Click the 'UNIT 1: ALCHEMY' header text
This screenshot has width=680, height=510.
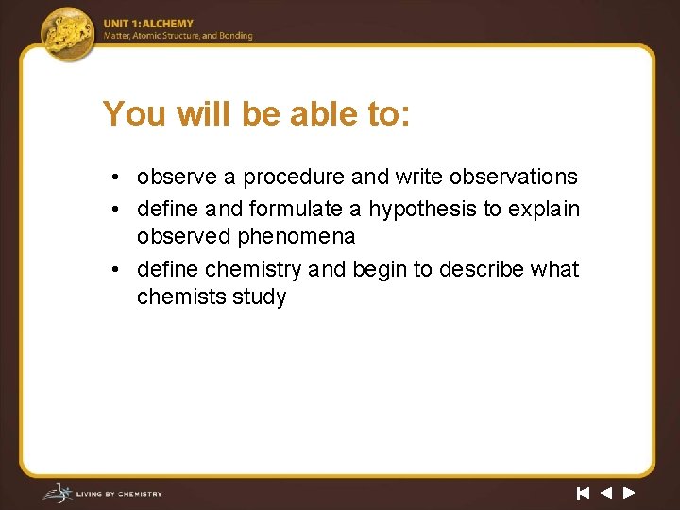(x=149, y=24)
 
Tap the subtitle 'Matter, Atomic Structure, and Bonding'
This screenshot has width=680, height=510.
(x=178, y=36)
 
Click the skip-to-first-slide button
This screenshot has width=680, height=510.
(x=583, y=492)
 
